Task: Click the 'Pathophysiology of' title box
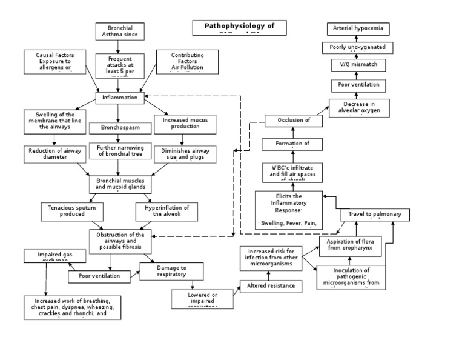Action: tap(239, 28)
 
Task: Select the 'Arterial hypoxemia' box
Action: tap(357, 28)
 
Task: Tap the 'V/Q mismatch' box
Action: tap(357, 65)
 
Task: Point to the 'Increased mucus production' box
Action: tap(185, 124)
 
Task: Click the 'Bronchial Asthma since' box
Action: tap(119, 32)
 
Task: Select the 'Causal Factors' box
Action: tap(55, 62)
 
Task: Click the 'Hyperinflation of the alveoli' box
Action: tap(167, 211)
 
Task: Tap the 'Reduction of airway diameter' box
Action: tap(54, 154)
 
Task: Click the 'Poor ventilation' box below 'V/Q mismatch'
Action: tap(357, 85)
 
